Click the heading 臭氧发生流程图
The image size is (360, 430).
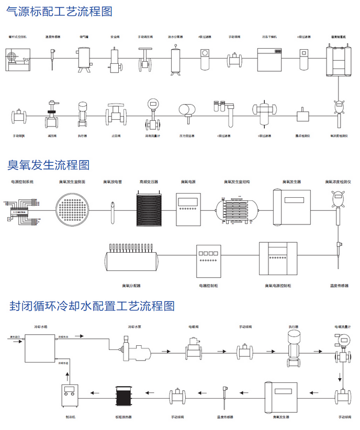coord(49,165)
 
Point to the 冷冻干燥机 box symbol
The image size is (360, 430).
coord(270,57)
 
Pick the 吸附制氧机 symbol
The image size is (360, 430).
coord(339,58)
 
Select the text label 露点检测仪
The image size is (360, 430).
coord(303,136)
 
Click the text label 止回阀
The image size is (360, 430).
coord(115,136)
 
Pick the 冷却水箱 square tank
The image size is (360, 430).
coord(40,347)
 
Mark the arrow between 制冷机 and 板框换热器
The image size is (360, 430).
coord(96,393)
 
